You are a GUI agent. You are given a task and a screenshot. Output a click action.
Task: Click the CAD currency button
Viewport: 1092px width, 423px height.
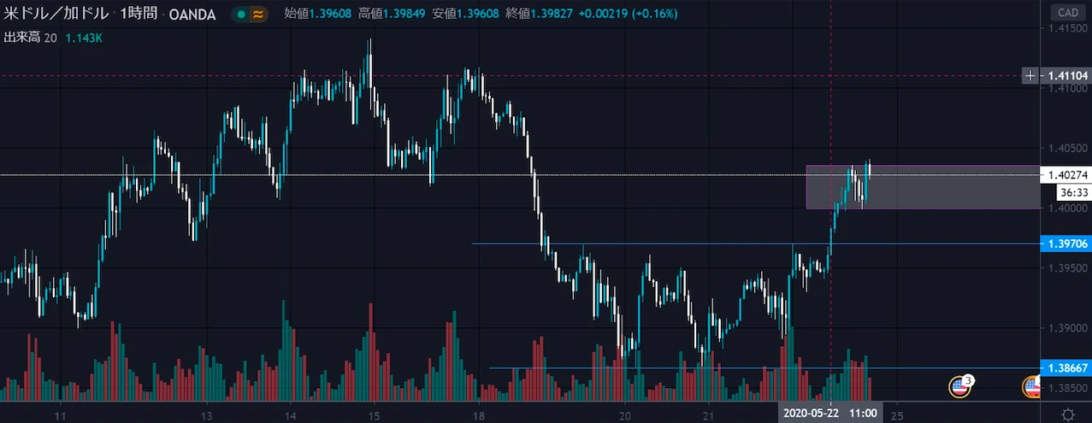(x=1067, y=13)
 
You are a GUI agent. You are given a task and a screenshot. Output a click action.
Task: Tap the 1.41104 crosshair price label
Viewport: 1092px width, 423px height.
(x=1066, y=76)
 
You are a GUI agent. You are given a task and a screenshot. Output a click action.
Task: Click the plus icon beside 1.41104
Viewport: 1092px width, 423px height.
(x=1030, y=76)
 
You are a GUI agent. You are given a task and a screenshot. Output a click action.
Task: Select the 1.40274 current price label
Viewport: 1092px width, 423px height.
(x=1066, y=175)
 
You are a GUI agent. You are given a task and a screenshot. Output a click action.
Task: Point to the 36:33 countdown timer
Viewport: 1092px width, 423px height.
(x=1061, y=193)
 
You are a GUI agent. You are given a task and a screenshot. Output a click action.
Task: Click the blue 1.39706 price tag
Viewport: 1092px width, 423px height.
(x=1066, y=244)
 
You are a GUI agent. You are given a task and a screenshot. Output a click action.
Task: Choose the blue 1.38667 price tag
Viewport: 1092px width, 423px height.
(x=1066, y=368)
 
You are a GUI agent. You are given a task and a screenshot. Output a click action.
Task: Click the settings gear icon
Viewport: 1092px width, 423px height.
(x=1067, y=414)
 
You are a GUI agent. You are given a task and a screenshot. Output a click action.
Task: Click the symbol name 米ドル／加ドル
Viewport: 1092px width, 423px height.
(x=56, y=14)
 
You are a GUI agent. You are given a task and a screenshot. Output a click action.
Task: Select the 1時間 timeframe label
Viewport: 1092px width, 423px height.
(x=138, y=14)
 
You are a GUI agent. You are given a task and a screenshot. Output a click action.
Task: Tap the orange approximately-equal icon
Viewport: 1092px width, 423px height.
(x=257, y=15)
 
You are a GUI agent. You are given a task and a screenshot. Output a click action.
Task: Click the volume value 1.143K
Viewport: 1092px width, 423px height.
(x=84, y=37)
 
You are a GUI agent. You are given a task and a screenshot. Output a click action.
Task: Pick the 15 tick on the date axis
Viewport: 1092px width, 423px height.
(x=374, y=414)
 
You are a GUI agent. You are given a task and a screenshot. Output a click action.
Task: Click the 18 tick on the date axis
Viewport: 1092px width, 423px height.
(x=478, y=414)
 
